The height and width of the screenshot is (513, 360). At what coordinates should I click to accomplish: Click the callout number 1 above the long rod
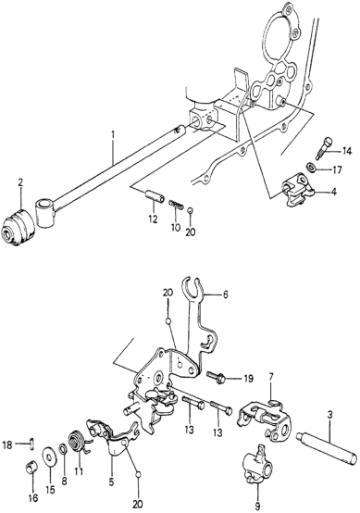click(113, 135)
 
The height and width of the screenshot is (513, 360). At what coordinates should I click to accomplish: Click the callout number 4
click(333, 192)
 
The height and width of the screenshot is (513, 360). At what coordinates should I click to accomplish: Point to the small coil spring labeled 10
click(176, 205)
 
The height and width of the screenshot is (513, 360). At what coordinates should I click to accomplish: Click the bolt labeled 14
click(324, 148)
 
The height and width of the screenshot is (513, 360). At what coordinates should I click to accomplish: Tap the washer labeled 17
click(312, 167)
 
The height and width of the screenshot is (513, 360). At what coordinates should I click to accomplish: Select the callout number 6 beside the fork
click(225, 294)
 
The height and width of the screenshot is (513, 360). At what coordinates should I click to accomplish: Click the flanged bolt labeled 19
click(217, 377)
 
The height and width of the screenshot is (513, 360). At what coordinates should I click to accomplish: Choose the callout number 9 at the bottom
click(257, 507)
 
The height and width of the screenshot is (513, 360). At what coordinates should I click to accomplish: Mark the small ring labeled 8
click(63, 450)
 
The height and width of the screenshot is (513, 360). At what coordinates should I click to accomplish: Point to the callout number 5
click(112, 482)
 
